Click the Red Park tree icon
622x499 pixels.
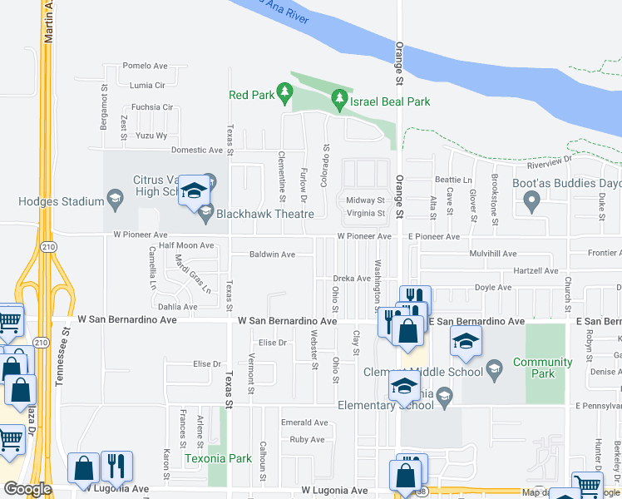[285, 90]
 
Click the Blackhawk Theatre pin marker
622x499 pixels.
[205, 214]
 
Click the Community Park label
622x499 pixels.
[542, 368]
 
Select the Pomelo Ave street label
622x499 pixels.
[145, 66]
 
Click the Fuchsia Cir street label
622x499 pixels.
[151, 107]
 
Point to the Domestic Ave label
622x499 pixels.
[197, 151]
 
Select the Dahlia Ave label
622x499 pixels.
[177, 306]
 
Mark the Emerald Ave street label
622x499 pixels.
[299, 423]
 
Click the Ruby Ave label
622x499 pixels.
[307, 439]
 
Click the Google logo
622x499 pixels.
[27, 489]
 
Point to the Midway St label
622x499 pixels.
[365, 200]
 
